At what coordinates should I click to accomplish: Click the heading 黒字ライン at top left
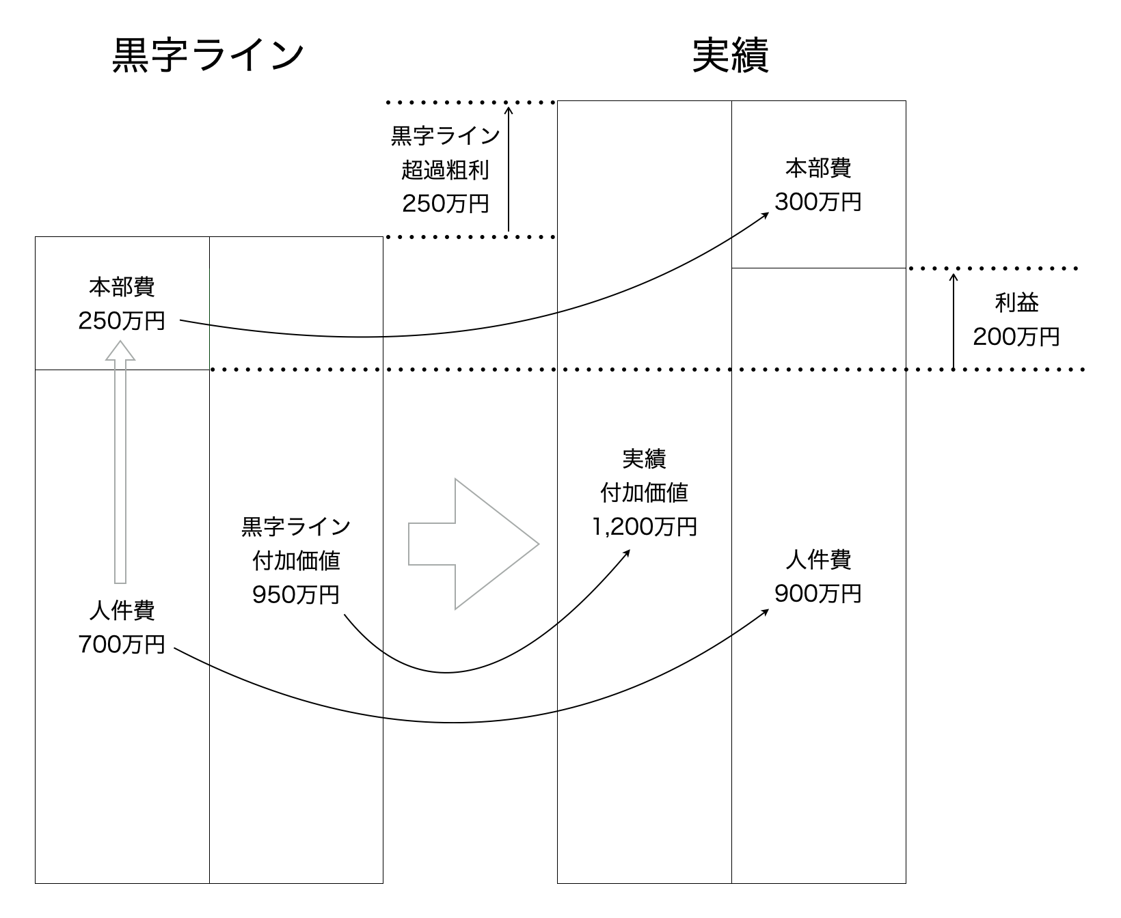[x=208, y=56]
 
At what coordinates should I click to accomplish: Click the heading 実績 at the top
[x=731, y=56]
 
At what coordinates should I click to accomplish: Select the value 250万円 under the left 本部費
[x=122, y=320]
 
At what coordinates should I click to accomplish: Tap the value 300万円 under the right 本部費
[x=818, y=201]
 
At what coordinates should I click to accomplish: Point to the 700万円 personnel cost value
[x=122, y=643]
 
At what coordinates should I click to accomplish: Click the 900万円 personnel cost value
[x=818, y=594]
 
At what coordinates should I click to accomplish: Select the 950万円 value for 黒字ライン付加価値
[x=296, y=594]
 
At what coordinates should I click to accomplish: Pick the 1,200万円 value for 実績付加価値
[x=644, y=526]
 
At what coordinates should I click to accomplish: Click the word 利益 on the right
[x=1016, y=303]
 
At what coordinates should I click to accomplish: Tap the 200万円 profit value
[x=1016, y=336]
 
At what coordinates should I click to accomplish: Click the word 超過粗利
[x=445, y=169]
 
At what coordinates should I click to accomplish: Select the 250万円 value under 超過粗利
[x=445, y=203]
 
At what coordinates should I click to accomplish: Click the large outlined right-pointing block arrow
[x=473, y=544]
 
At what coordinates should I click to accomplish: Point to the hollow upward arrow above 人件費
[x=120, y=464]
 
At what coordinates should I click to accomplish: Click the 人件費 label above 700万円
[x=122, y=610]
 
